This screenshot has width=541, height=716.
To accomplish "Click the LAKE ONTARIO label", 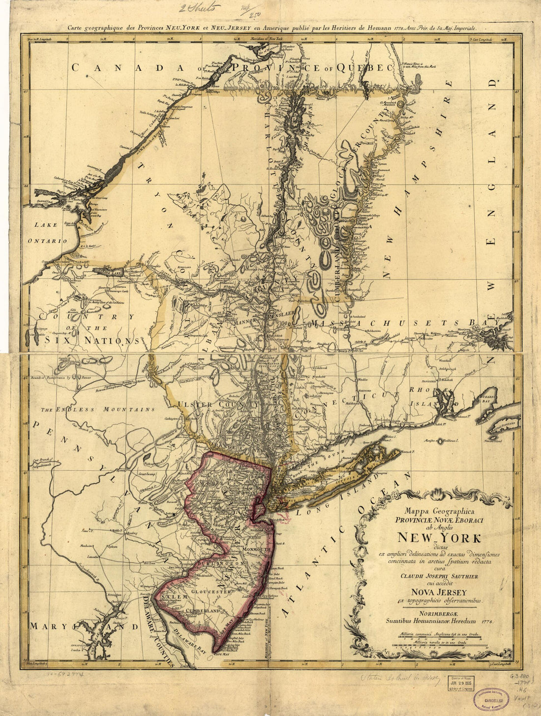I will click(x=49, y=232).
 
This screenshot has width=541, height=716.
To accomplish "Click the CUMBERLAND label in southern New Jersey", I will click(x=202, y=610).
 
